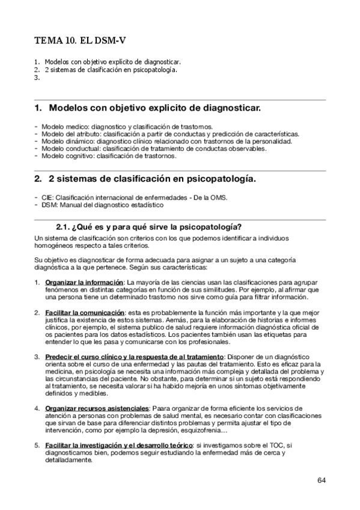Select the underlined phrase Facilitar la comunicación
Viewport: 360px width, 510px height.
[x=85, y=313]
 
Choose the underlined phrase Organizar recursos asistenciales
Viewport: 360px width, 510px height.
[x=97, y=408]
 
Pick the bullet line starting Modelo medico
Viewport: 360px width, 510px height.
[x=127, y=127]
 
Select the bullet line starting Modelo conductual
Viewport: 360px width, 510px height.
[x=154, y=149]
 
